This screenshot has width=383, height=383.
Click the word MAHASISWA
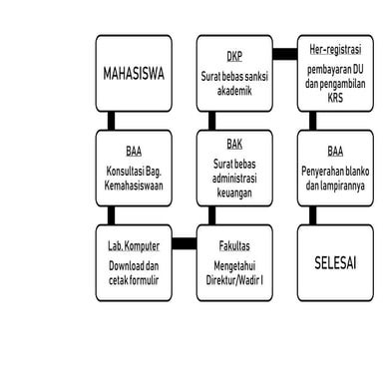[134, 74]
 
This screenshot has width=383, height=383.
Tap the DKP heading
[234, 55]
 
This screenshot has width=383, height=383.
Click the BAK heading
[234, 145]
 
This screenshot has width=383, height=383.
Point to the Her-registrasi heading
[334, 47]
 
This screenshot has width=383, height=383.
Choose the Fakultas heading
[234, 243]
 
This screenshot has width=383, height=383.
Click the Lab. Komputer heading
[134, 243]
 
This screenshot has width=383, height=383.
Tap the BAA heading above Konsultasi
[134, 152]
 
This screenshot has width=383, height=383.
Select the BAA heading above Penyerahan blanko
[334, 152]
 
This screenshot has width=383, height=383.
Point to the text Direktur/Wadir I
[234, 280]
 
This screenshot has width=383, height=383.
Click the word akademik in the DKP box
[234, 89]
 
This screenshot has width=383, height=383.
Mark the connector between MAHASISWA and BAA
[112, 120]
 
